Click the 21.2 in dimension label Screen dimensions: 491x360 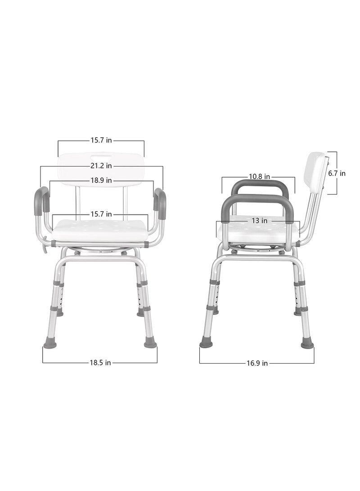pos(101,166)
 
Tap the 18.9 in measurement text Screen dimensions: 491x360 pos(101,181)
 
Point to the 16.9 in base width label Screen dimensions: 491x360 pos(258,363)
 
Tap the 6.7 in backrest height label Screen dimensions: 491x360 pos(337,173)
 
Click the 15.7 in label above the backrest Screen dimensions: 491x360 pos(101,140)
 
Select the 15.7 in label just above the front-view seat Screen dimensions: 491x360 pos(101,214)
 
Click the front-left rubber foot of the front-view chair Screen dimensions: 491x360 pos(50,343)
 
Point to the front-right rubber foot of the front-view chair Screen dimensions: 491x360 pos(150,343)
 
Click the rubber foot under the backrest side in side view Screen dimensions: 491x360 pos(307,343)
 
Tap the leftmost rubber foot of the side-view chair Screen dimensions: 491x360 pos(206,343)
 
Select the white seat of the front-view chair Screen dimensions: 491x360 pos(100,230)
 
